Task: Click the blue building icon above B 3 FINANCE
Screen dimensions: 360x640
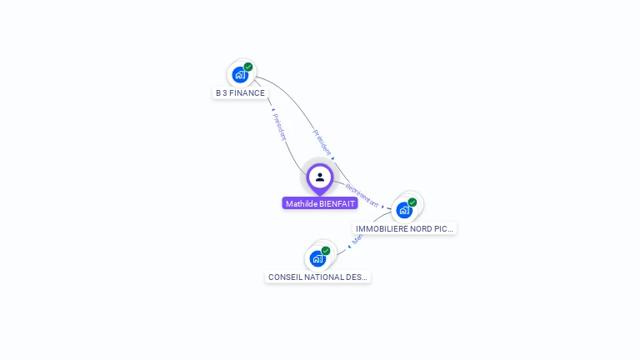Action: [x=240, y=75]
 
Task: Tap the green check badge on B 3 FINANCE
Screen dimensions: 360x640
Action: [x=248, y=67]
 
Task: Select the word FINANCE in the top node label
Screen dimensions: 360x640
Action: [x=247, y=93]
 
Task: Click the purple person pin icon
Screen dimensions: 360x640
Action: [x=319, y=177]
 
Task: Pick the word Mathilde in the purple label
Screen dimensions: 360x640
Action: [x=301, y=204]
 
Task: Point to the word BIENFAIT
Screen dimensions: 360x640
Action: [x=337, y=204]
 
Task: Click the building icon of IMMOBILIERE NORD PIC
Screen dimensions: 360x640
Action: [x=404, y=210]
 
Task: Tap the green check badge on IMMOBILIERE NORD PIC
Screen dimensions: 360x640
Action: [x=412, y=202]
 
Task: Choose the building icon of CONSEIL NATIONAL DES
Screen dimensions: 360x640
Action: [x=317, y=258]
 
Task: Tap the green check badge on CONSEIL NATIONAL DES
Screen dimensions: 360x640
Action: [x=326, y=250]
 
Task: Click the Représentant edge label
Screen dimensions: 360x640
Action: [x=362, y=195]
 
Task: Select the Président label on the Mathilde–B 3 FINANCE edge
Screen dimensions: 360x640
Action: [x=279, y=125]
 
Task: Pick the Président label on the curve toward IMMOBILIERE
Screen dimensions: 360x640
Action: [x=322, y=142]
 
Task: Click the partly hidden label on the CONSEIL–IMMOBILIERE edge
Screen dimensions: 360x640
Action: [x=357, y=238]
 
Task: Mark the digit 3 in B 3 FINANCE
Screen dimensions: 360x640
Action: [x=223, y=93]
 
